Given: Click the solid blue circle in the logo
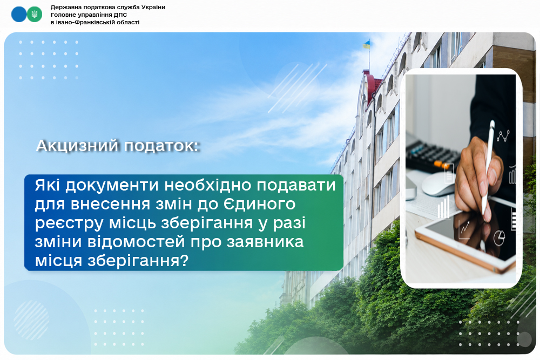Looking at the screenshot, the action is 18,15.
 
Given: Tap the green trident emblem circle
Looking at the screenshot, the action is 35,15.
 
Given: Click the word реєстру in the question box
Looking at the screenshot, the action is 69,223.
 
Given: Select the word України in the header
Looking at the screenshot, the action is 153,7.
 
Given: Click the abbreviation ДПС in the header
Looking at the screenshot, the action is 120,15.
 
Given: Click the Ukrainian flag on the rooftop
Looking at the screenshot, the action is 367,44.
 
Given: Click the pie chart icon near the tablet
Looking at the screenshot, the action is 499,238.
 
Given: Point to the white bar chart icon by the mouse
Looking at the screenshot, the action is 443,207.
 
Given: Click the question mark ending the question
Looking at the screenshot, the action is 185,261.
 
